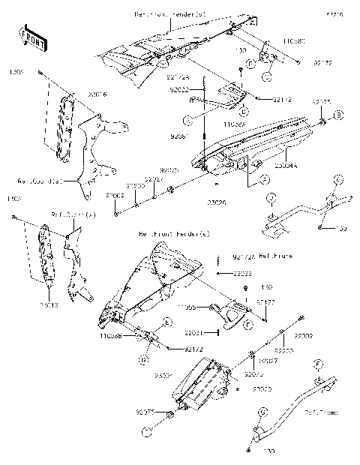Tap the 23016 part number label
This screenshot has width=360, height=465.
click(x=99, y=95)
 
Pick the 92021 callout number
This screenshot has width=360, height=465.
click(x=193, y=331)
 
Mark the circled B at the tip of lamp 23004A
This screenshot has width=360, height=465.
click(x=338, y=114)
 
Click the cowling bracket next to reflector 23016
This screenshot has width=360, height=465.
click(x=94, y=146)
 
